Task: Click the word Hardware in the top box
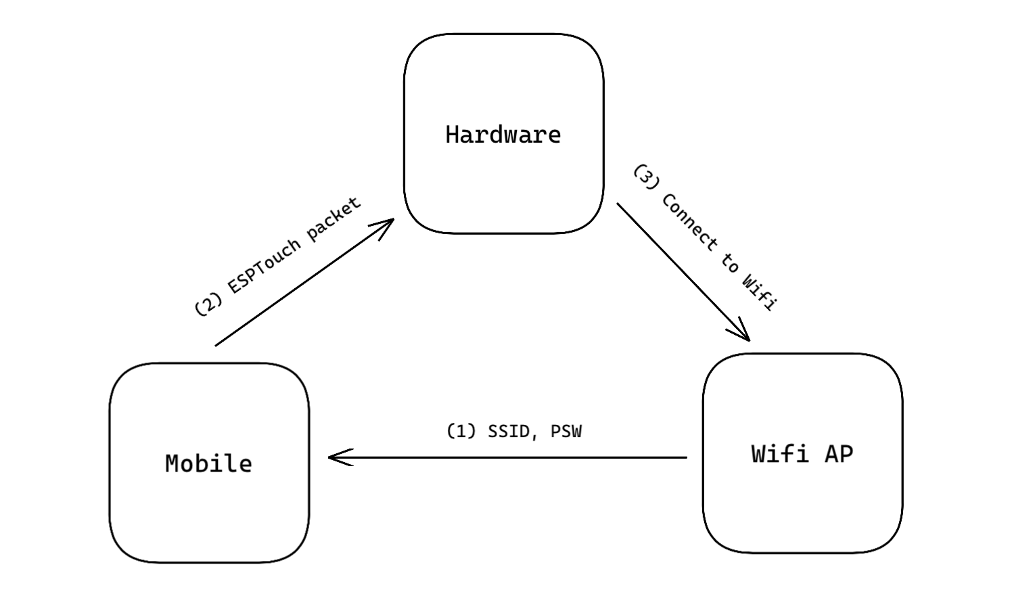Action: (x=503, y=135)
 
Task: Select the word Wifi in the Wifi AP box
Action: (x=780, y=454)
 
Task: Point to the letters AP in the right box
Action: (x=839, y=454)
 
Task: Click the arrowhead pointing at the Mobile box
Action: (x=340, y=457)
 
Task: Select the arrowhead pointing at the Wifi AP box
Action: (x=740, y=330)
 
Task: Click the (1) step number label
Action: (x=461, y=432)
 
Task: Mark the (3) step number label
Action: (x=647, y=177)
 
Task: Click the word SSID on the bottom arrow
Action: (x=508, y=432)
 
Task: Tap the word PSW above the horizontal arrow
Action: (x=566, y=432)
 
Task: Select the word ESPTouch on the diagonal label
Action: (x=263, y=267)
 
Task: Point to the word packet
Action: (x=334, y=219)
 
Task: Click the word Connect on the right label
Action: (x=689, y=222)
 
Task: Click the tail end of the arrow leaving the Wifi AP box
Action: (x=687, y=457)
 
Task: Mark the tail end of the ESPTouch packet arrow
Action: (x=216, y=346)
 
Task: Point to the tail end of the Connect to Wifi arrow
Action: (x=617, y=203)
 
